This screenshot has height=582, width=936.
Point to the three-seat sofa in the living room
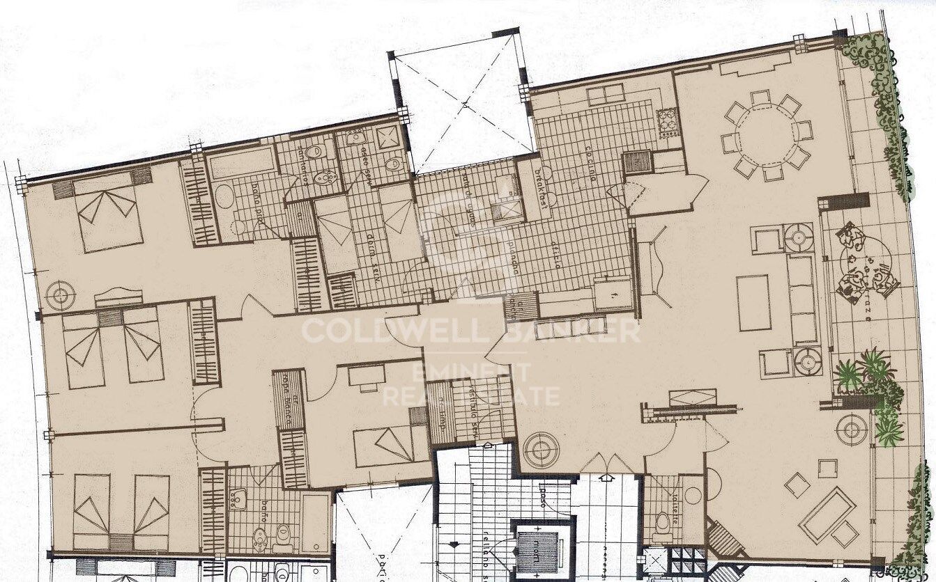801,299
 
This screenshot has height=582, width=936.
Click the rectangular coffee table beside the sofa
753,303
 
